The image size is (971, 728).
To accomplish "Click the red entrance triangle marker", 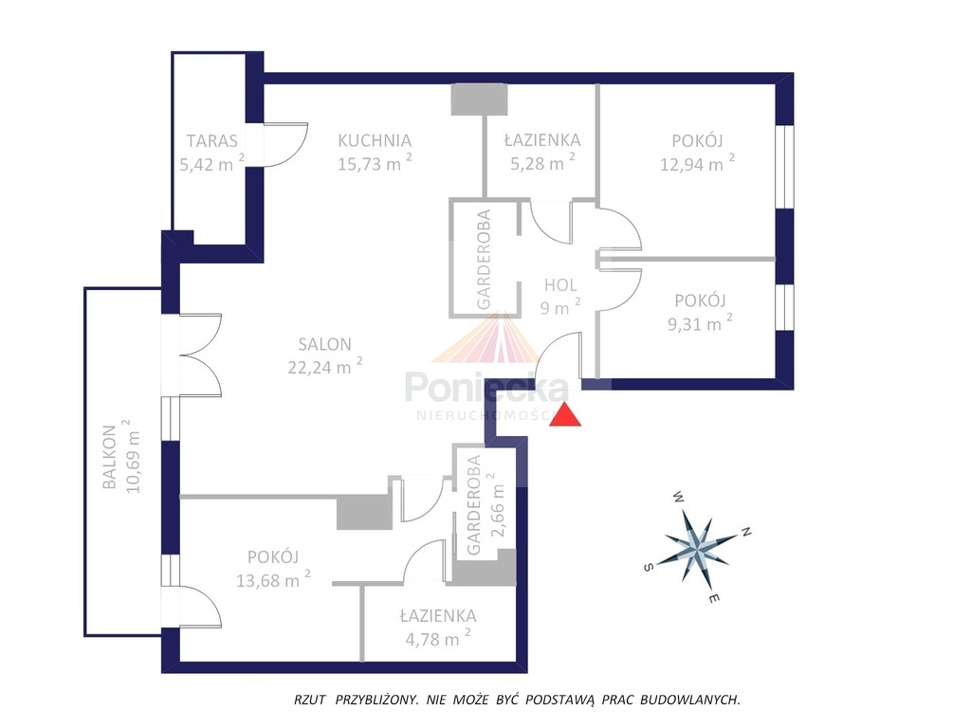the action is click(x=566, y=415).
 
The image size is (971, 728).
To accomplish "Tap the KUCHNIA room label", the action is click(x=375, y=140).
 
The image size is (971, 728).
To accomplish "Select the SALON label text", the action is click(x=324, y=344).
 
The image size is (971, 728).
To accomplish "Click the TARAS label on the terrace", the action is click(x=211, y=141).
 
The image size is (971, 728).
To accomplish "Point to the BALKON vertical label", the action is click(x=110, y=457).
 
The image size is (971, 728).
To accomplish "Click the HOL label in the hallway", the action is click(x=560, y=285).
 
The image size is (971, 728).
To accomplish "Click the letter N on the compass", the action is click(x=747, y=532).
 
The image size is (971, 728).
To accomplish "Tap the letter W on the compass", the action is click(x=679, y=496).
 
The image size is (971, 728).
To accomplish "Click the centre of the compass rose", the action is click(x=698, y=547).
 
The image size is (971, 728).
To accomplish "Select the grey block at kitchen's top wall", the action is click(x=479, y=100).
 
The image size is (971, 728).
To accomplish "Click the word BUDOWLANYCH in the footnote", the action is click(x=690, y=701).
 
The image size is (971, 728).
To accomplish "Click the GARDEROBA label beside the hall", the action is click(x=484, y=260).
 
